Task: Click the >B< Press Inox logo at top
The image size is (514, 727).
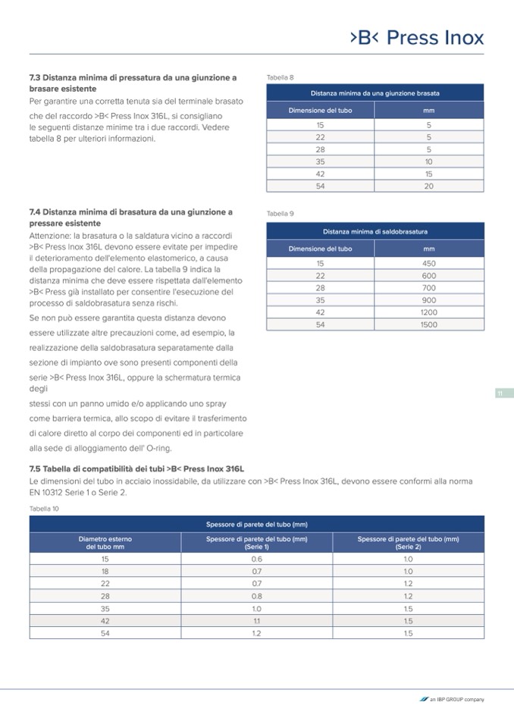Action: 416,38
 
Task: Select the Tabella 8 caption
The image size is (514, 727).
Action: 280,77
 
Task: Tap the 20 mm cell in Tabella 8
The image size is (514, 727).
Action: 428,186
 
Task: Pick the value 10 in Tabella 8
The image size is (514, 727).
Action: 428,161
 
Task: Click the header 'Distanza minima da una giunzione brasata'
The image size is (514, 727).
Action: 375,93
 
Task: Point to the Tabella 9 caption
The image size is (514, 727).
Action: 280,214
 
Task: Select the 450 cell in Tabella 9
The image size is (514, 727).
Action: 428,263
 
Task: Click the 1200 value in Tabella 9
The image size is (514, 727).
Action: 428,312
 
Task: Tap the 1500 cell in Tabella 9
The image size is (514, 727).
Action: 428,324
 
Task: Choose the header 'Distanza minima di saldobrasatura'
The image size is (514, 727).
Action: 375,231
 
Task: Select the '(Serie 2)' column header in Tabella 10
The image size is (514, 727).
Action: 408,542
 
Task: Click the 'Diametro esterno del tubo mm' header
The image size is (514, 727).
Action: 105,542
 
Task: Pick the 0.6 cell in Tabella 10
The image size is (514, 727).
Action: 256,559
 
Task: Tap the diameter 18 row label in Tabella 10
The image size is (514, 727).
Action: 105,571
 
